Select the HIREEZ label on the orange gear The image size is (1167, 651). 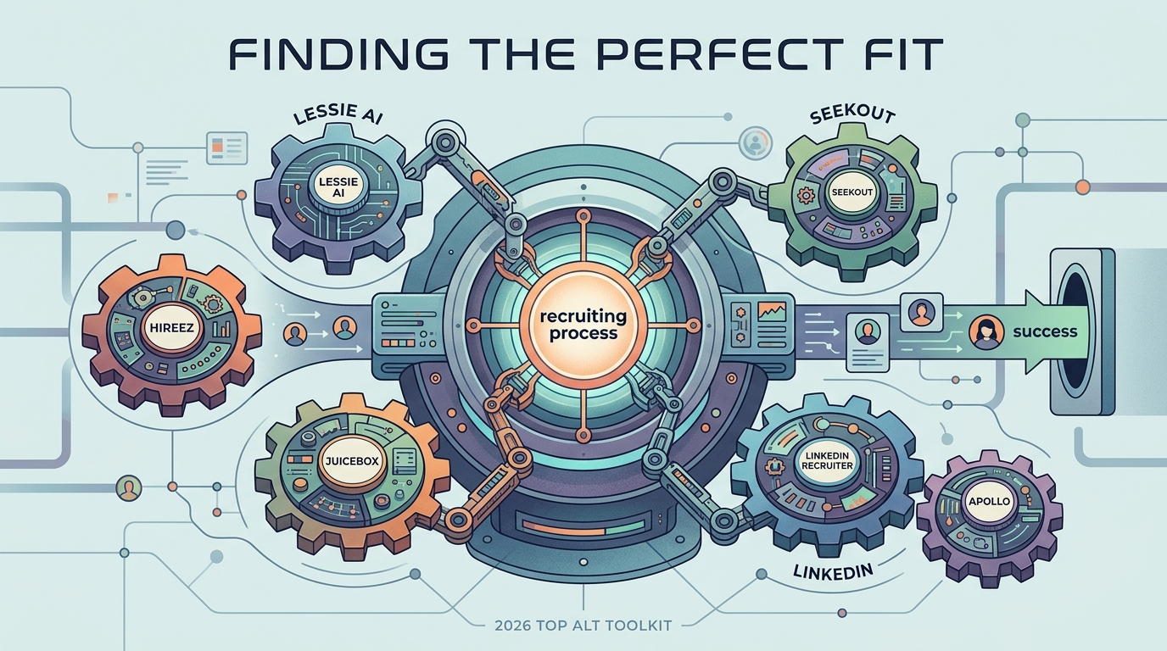tap(171, 327)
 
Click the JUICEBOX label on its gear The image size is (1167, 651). tap(352, 461)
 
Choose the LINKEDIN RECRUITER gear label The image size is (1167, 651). tap(826, 461)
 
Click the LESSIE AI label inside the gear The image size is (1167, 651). tap(339, 187)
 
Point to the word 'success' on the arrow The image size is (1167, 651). tap(1045, 331)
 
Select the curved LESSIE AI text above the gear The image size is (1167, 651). tap(338, 114)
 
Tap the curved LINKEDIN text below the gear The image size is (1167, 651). tap(833, 571)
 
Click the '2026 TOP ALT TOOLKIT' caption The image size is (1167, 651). tap(583, 625)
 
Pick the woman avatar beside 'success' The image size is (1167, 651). tap(986, 334)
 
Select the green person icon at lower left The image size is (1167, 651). tap(129, 489)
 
